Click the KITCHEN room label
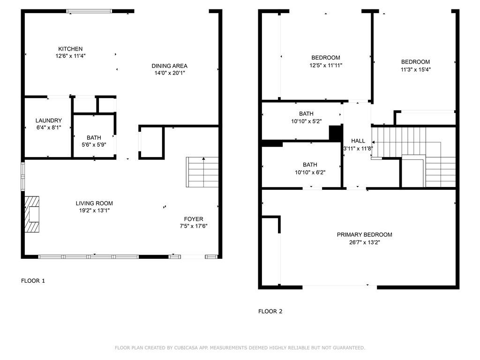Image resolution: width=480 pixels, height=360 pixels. pos(70,49)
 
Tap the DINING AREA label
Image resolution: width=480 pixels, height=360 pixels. pos(170,66)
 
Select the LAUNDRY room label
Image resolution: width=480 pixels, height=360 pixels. pos(49,120)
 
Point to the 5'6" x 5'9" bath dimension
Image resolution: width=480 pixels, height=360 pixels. pos(94,145)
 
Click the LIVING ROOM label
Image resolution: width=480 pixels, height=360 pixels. pos(94,203)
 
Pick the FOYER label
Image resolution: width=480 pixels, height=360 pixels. pos(194,219)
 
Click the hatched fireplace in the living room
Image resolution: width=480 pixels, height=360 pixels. pos(32,214)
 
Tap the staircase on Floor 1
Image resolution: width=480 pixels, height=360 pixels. pos(202,172)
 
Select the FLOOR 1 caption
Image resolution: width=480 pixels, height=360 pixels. pos(33,281)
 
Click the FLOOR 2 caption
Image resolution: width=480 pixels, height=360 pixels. pos(270,311)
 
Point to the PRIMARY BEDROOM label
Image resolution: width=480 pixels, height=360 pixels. pos(364,235)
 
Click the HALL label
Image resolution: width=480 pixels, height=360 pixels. pos(358,141)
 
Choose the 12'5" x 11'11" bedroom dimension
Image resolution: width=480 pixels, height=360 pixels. pos(326,65)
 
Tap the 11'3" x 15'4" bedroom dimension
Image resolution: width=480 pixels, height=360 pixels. pos(416,69)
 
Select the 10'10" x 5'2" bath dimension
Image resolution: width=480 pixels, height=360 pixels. pos(306,121)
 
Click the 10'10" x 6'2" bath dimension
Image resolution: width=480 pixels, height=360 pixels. pos(310,172)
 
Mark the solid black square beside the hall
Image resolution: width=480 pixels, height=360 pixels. pos(335,133)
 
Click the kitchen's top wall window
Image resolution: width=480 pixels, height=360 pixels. pos(90,11)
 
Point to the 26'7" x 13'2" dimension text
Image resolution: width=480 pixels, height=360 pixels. pos(364,242)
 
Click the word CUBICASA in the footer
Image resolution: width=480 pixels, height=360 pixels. pos(186,348)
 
